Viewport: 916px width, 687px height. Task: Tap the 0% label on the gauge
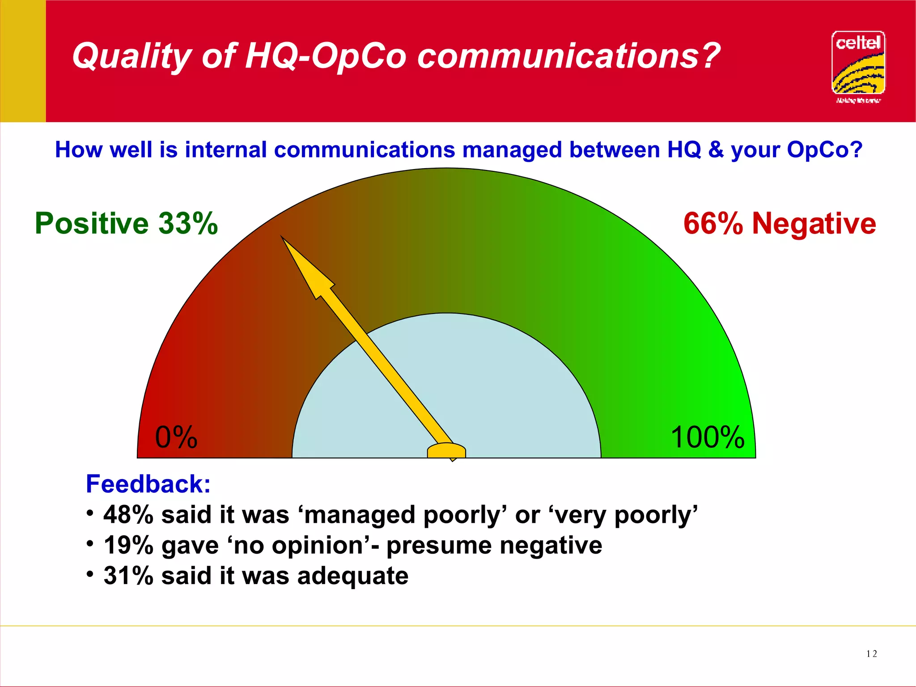point(176,437)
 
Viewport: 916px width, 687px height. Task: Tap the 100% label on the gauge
point(708,437)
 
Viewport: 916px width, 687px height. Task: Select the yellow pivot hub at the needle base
point(446,451)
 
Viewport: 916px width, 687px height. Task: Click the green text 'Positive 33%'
point(126,223)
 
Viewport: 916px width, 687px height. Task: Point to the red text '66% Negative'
point(780,223)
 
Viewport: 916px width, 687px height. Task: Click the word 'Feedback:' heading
point(148,484)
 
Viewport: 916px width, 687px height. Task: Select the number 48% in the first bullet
point(128,515)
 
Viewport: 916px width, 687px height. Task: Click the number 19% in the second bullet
point(128,546)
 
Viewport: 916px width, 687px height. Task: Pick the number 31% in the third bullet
point(128,576)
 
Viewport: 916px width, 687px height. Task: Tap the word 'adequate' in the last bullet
point(353,576)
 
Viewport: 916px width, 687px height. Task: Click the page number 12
point(871,654)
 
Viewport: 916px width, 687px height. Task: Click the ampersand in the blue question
point(716,149)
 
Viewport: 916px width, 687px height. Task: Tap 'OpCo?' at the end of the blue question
point(825,149)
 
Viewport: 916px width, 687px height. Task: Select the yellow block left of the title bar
point(23,61)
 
